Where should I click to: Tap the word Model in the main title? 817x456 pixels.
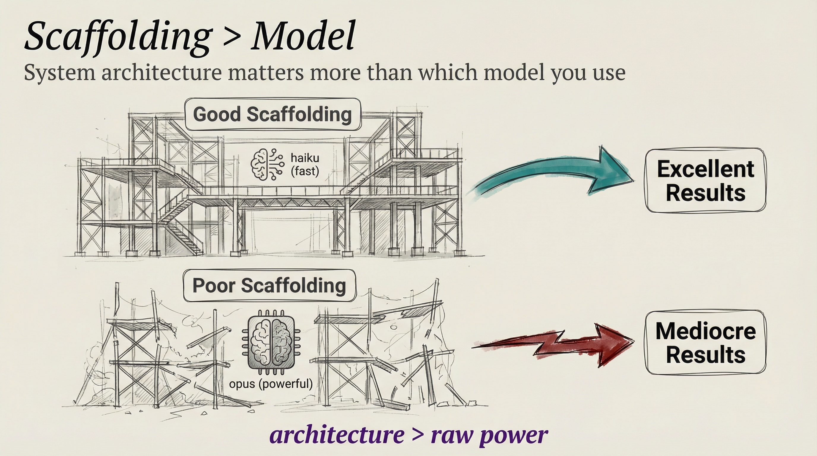coord(303,36)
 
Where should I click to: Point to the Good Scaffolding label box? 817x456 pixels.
coord(273,115)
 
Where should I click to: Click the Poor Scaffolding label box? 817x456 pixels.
coord(270,286)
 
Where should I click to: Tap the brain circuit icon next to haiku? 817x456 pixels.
coord(266,164)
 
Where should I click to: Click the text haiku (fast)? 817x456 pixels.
coord(305,164)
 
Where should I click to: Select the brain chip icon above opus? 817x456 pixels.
coord(271,343)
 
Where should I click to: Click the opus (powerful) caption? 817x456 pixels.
coord(271,384)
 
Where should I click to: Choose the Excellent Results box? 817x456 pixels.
coord(705,180)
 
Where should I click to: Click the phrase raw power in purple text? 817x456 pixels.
coord(489,435)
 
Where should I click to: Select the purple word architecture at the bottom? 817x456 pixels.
coord(337,435)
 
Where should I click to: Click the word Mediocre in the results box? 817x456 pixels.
coord(705,331)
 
